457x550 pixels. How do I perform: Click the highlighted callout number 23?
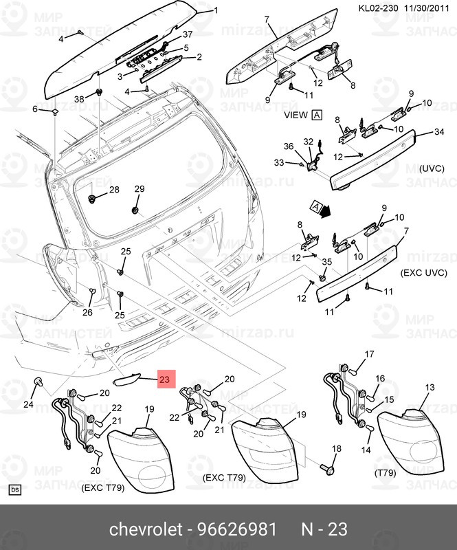pos(167,379)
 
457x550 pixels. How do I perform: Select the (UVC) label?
pos(432,168)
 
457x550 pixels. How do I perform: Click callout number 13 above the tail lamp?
pos(430,388)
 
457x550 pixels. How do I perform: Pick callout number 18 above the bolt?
pos(336,449)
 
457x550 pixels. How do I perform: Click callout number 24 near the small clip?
pos(28,404)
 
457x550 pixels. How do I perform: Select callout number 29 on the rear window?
pos(139,189)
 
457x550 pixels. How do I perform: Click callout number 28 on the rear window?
pos(114,190)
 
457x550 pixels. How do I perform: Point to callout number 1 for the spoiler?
pos(215,10)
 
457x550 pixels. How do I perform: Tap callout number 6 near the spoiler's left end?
pos(35,109)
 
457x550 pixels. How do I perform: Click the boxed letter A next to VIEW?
pos(317,115)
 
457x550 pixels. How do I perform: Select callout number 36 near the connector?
pos(289,146)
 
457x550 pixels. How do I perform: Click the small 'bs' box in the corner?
pos(14,490)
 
